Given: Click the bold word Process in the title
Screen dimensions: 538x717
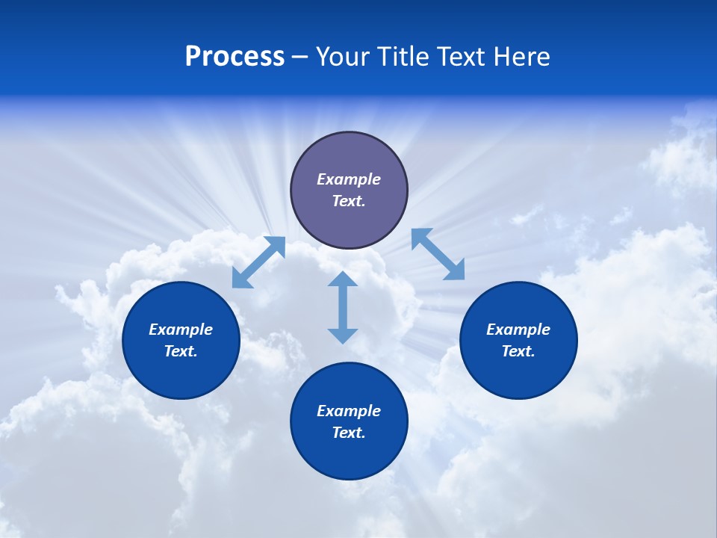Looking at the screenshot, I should coord(235,57).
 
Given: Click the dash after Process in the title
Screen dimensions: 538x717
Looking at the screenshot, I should coord(300,58).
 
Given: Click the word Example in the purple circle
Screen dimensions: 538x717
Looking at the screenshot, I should coord(349,179).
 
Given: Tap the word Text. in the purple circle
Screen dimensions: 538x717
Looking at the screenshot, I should coord(349,201).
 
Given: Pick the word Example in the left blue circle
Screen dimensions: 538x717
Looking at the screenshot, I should coord(181,330).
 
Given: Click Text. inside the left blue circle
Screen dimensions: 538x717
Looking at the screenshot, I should coord(181,351).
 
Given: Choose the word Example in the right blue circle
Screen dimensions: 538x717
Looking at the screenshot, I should coord(518,330).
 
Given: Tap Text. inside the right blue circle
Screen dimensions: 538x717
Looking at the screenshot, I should coord(518,351).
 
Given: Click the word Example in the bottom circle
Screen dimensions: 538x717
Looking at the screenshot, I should coord(349,411).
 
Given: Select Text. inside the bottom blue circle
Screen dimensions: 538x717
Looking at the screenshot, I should coord(349,433).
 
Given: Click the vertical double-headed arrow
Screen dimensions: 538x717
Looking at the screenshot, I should coord(343,307).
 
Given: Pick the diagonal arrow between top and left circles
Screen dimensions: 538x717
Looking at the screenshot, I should coord(258,262).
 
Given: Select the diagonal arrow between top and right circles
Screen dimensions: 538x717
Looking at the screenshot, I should coord(438,254).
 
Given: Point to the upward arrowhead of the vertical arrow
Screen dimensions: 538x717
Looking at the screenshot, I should coord(343,279).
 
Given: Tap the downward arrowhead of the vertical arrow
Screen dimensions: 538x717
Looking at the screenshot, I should coord(343,336).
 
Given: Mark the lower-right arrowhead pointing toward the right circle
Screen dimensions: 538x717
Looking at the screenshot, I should coord(455,270).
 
